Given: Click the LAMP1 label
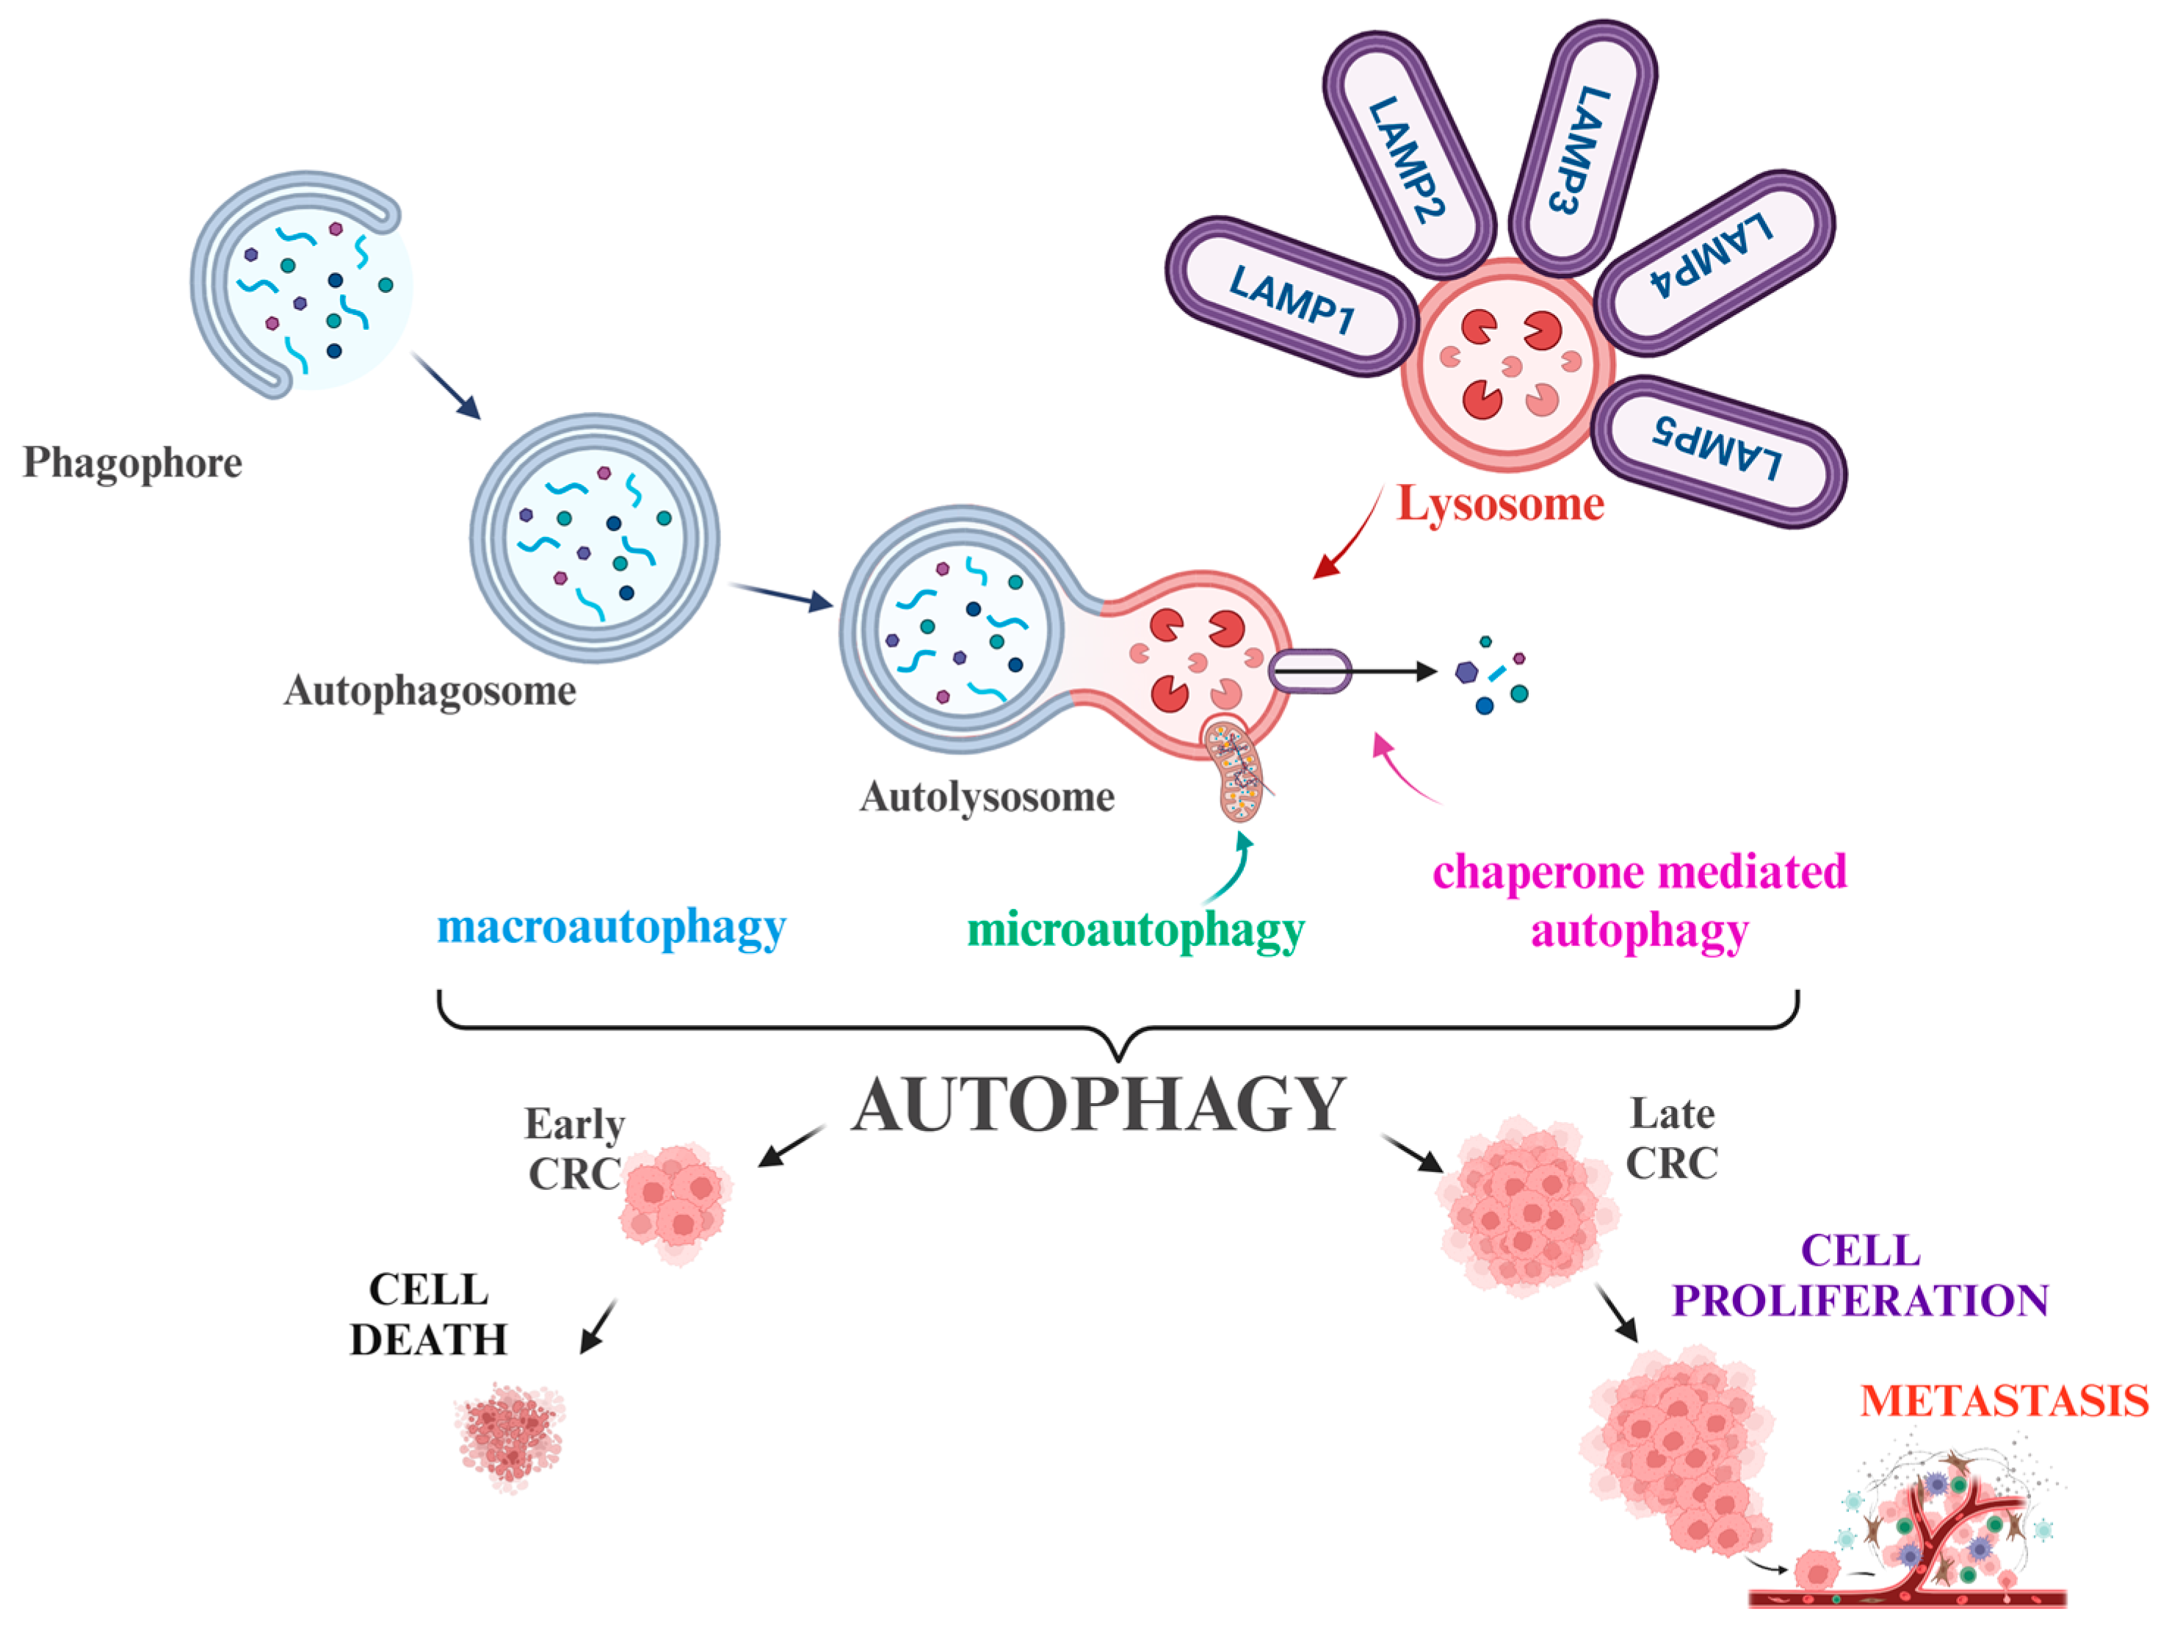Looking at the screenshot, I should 1292,298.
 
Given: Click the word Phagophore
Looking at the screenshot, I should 132,463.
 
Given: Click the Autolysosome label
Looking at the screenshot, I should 986,796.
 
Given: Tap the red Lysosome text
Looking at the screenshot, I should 1500,504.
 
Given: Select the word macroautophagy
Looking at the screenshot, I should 611,926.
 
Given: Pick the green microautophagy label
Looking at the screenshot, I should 1135,930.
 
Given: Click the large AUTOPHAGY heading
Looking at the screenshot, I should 1098,1105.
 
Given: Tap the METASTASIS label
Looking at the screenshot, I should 2003,1400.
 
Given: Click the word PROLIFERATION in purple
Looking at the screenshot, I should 1860,1301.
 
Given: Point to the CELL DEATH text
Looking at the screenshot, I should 429,1315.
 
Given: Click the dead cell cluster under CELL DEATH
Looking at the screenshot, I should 510,1437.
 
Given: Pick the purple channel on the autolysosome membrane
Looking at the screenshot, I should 1310,672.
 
